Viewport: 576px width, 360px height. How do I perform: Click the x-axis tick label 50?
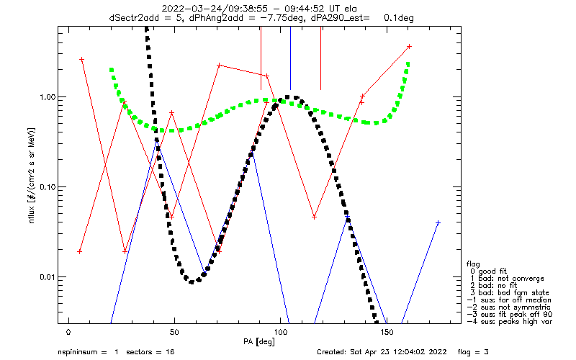point(174,332)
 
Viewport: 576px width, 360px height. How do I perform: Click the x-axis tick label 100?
point(280,332)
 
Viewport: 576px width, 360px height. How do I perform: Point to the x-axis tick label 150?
point(387,332)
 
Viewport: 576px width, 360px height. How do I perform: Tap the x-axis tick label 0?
point(68,332)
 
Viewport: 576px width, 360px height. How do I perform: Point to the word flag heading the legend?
point(474,263)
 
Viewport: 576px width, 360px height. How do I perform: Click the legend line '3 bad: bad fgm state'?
point(505,292)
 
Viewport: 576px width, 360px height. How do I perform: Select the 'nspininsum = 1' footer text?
point(86,352)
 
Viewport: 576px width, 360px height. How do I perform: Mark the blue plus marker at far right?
point(438,223)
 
